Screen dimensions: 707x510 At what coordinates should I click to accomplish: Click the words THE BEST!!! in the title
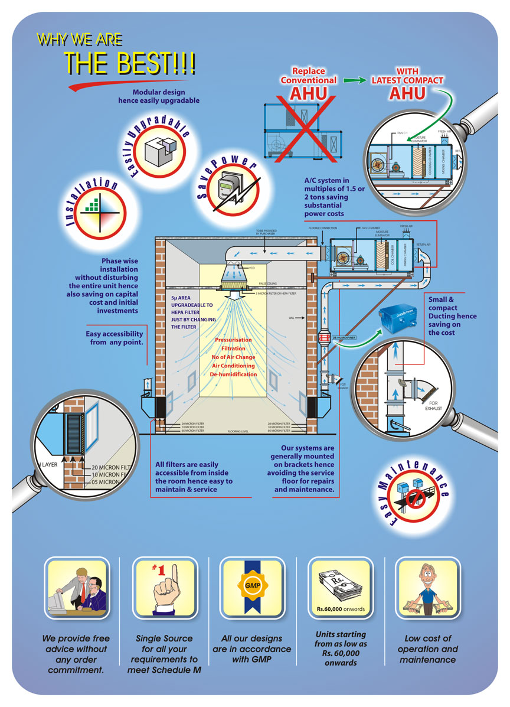tap(129, 63)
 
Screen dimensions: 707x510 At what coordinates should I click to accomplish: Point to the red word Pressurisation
tap(233, 340)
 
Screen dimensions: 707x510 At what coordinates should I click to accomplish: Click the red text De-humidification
tap(233, 374)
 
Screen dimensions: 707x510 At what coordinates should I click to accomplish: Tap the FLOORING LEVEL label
tap(238, 432)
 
